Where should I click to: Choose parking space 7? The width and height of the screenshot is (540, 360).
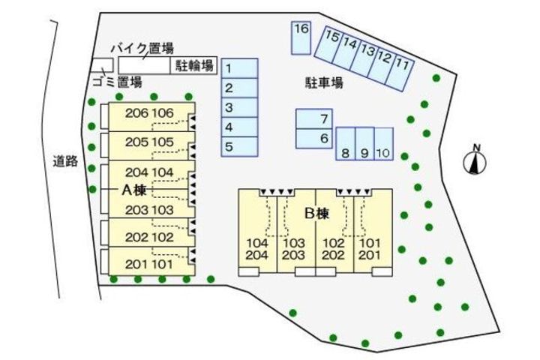(314, 118)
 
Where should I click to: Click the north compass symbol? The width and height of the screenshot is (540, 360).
(474, 162)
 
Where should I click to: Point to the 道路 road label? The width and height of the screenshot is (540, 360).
(66, 160)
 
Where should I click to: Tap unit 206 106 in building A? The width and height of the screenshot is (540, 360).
(149, 114)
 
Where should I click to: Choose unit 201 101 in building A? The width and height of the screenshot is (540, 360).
(149, 263)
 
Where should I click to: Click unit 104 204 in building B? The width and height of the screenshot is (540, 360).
(257, 249)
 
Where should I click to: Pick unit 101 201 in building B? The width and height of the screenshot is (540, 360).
(370, 249)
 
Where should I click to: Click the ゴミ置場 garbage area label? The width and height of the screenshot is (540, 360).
(118, 82)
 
